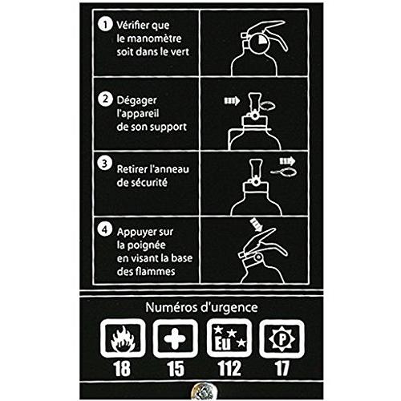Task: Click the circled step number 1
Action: tap(105, 25)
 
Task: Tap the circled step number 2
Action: tap(105, 99)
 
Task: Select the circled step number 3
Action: tap(105, 163)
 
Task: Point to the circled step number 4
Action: tap(105, 229)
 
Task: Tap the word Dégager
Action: tap(136, 101)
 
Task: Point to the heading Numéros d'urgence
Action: tap(201, 307)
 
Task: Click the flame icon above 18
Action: tap(123, 338)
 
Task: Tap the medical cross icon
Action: tap(175, 338)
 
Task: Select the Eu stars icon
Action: tap(229, 338)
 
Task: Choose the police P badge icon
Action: tap(282, 338)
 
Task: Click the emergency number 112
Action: tap(229, 369)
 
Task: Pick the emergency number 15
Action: tap(176, 369)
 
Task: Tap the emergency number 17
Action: tap(282, 369)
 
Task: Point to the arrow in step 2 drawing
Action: tap(232, 101)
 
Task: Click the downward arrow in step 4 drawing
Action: tap(256, 225)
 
